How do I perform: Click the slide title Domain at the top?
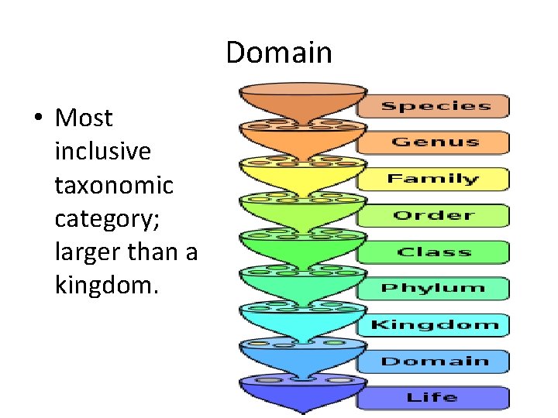click(x=279, y=53)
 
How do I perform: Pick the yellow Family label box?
click(x=433, y=179)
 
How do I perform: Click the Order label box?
click(x=433, y=215)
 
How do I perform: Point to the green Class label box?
click(x=433, y=252)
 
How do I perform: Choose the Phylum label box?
click(x=433, y=288)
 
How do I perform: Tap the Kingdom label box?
click(x=434, y=324)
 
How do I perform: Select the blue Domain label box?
click(x=434, y=361)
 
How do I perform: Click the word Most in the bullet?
click(x=84, y=118)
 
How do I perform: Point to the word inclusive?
click(x=102, y=152)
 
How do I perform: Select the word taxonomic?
click(x=114, y=185)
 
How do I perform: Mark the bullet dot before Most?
click(x=36, y=119)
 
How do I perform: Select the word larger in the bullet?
click(x=82, y=252)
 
